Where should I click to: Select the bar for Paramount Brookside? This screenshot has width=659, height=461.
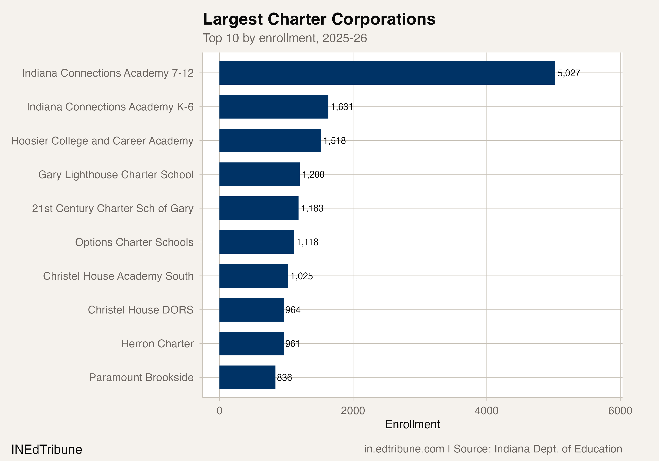(x=247, y=377)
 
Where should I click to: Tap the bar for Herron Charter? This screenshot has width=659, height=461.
(x=252, y=343)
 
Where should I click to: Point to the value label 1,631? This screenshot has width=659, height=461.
(x=342, y=107)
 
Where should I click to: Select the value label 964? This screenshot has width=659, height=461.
(x=293, y=310)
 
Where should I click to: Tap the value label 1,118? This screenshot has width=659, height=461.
(x=307, y=242)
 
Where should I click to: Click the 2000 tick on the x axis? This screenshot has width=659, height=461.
(x=353, y=411)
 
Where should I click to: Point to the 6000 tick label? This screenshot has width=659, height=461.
(x=620, y=411)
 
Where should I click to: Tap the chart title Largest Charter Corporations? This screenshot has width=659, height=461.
(x=319, y=19)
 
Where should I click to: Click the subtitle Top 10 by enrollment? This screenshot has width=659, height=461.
(x=284, y=38)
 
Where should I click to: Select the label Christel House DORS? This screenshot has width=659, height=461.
(x=141, y=310)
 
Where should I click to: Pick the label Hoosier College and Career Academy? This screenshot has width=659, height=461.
(x=102, y=141)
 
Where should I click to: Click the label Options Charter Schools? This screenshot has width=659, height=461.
(x=134, y=242)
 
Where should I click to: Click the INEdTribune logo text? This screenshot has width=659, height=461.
(x=47, y=449)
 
